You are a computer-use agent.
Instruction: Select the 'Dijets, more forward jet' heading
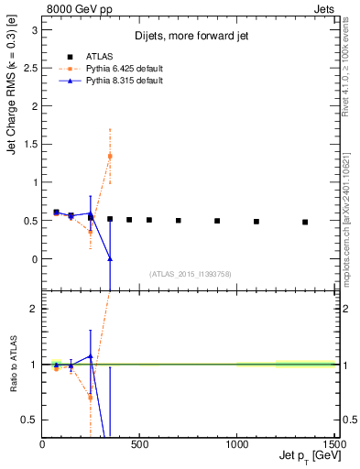pos(189,36)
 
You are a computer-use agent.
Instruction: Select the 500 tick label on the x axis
pos(140,444)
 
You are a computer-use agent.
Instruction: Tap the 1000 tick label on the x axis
pos(237,444)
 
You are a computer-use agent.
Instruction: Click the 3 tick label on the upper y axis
pos(34,29)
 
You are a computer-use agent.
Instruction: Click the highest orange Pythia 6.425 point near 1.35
pos(110,156)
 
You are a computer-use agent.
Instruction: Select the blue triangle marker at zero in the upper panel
pos(110,259)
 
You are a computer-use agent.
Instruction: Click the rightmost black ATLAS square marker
pos(305,222)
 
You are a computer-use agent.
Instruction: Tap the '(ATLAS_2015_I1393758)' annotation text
pos(189,273)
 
